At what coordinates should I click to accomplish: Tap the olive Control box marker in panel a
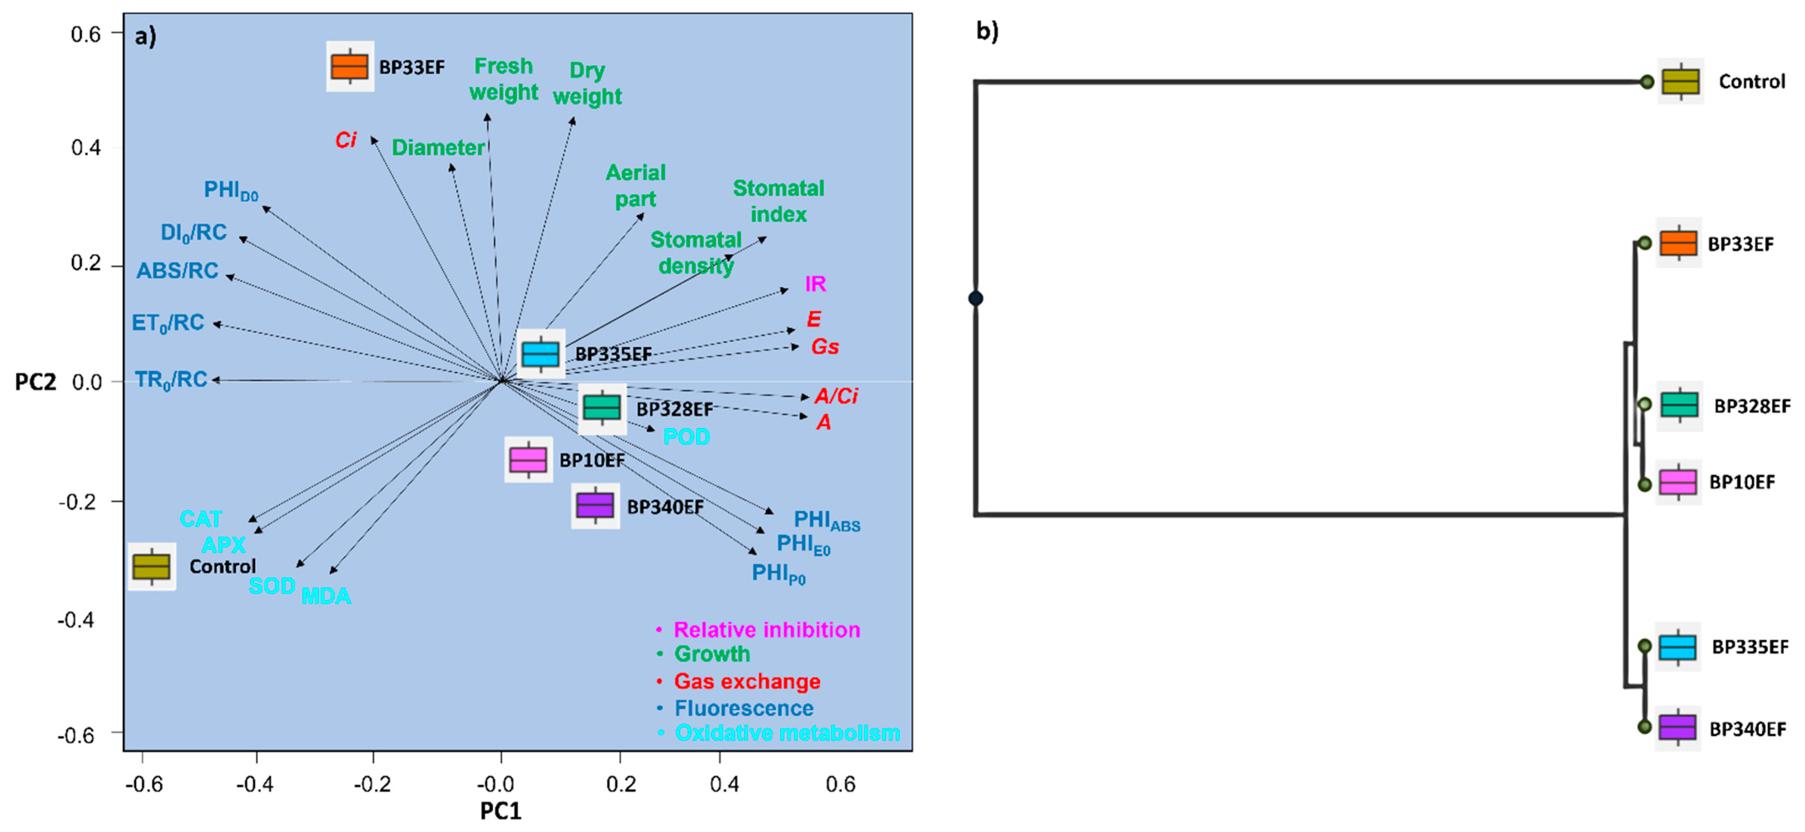click(x=151, y=566)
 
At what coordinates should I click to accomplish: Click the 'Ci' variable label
click(x=345, y=140)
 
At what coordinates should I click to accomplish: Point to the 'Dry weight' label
click(x=587, y=84)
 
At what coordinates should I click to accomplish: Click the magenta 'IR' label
click(x=815, y=284)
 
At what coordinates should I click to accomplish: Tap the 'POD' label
click(x=686, y=437)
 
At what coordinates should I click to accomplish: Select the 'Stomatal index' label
click(x=778, y=201)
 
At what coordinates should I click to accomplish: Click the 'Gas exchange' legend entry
click(x=747, y=681)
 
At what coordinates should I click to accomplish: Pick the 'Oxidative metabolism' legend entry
click(x=787, y=733)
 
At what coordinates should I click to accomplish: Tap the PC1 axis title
click(x=500, y=811)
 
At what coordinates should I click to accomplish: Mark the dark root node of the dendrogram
click(x=976, y=299)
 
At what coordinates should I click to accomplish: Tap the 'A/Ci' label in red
click(x=836, y=396)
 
